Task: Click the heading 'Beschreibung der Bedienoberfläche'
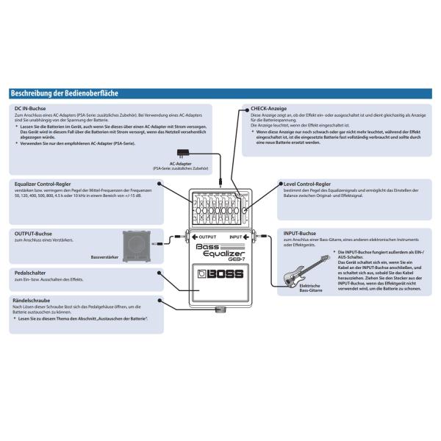click(64, 93)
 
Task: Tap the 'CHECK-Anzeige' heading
click(268, 108)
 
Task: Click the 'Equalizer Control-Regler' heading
click(46, 184)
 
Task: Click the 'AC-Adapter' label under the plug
click(180, 164)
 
